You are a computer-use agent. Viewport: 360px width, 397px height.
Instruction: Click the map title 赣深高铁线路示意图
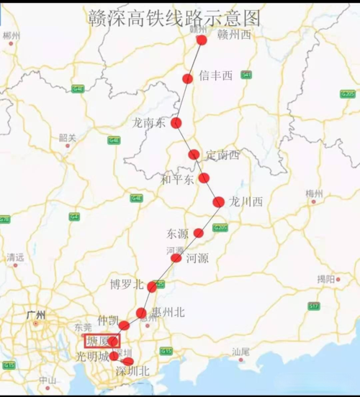coord(174,17)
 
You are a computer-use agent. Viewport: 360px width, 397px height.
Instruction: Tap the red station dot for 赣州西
coord(202,40)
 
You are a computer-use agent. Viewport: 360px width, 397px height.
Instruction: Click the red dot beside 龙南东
coord(176,123)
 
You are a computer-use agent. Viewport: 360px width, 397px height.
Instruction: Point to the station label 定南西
coord(222,155)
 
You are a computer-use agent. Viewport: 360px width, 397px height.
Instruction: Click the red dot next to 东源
coord(198,233)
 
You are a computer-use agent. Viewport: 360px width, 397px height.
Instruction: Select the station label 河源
coord(197,258)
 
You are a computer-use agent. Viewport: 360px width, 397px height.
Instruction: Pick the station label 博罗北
coord(127,284)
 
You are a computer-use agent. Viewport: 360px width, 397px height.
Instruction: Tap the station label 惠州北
coord(168,312)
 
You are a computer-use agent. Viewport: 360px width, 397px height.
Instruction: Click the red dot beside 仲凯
coord(123,326)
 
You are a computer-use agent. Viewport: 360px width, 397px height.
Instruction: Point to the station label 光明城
coord(94,357)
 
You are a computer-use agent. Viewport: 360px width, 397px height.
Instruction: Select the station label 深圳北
coord(132,372)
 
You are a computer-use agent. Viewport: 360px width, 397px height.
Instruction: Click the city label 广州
coord(36,315)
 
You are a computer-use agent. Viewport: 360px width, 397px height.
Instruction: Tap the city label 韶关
coord(68,137)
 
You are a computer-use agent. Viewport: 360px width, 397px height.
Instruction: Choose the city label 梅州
coord(314,193)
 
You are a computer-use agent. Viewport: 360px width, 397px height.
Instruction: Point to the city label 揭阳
coord(325,278)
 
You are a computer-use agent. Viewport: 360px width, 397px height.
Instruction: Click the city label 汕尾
coord(240,352)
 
